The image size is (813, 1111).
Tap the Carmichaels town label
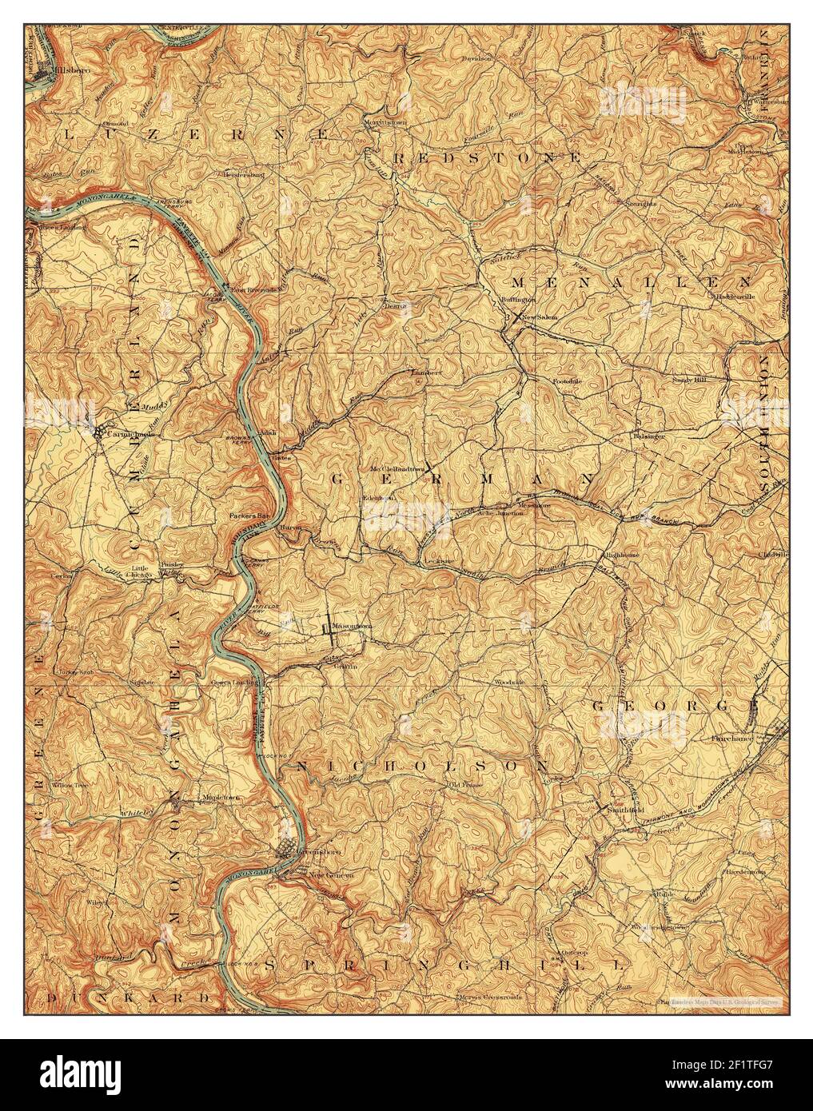coord(127,434)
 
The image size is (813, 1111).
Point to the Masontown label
coord(352,627)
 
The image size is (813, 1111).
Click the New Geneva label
coord(331,874)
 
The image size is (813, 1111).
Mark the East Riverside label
coord(256,289)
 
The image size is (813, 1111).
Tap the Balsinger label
coord(649,436)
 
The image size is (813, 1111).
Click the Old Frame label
coord(463,786)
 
